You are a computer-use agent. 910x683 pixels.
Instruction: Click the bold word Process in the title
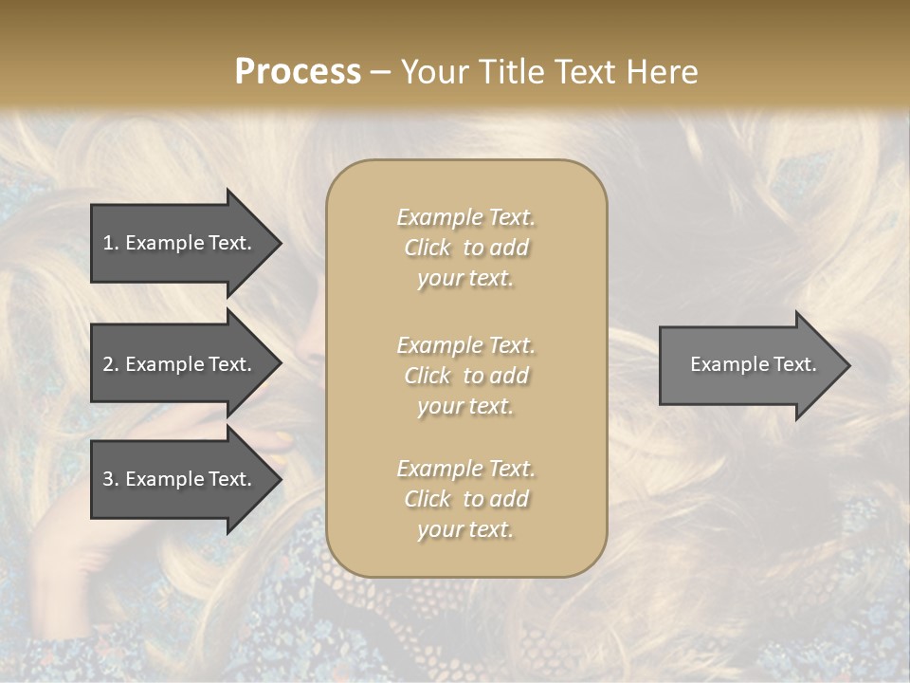tap(298, 72)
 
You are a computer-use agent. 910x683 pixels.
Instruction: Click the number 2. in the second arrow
tap(111, 364)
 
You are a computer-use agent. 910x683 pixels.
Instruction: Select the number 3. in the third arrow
tap(111, 479)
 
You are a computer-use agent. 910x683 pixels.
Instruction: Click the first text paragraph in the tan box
tap(465, 248)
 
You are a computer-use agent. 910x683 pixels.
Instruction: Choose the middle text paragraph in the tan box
tap(465, 376)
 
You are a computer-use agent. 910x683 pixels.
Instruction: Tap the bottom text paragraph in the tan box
tap(465, 499)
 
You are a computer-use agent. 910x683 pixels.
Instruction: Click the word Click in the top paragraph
tap(428, 248)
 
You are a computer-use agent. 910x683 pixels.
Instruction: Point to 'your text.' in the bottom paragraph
tap(465, 529)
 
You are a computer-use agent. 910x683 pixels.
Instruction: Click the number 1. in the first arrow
tap(111, 243)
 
